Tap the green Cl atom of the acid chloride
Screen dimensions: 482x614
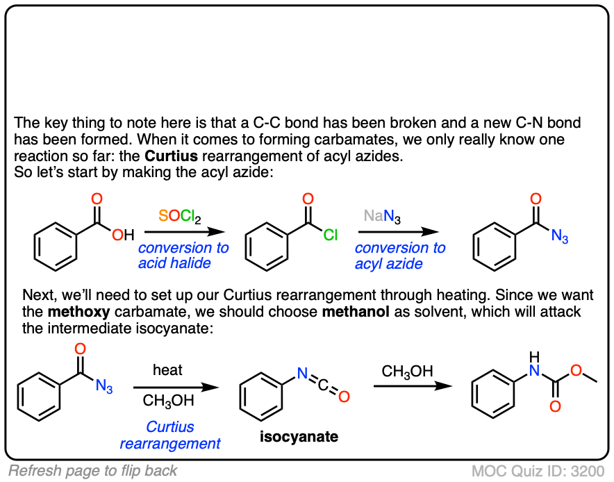329,236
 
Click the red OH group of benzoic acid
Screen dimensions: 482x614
123,236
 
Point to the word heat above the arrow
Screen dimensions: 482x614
167,370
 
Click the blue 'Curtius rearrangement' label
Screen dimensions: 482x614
170,435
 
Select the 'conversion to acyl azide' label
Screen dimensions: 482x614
400,256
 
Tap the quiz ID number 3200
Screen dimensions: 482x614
589,471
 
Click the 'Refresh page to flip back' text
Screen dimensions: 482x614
92,471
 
